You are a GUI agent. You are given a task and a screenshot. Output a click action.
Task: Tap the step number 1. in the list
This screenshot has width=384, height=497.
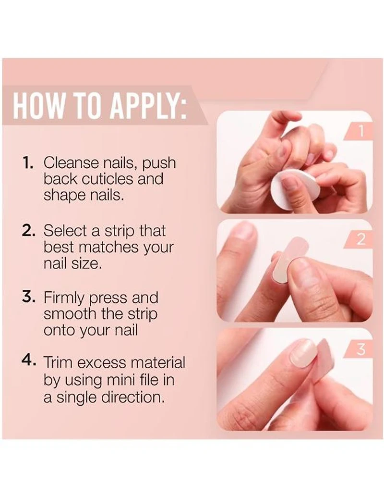pos(29,162)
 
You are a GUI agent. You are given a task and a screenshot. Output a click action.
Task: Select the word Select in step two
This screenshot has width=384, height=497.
pos(65,231)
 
